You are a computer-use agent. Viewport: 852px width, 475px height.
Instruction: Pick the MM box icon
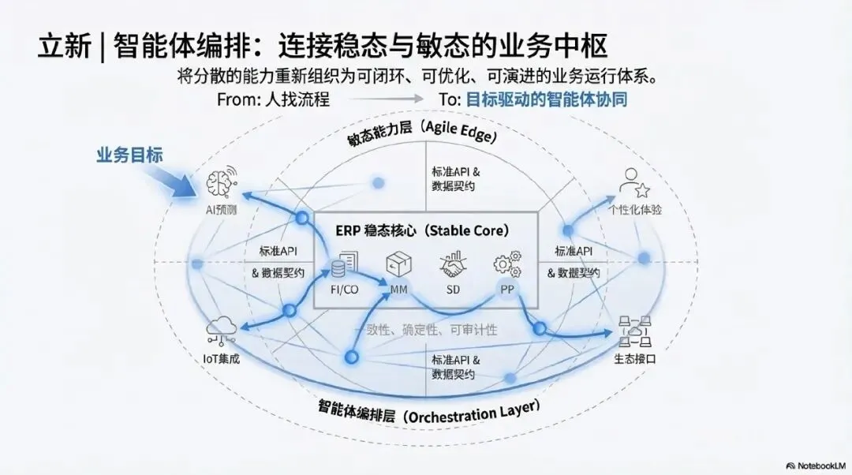(398, 264)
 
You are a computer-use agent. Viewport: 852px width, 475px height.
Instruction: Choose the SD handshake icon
(453, 265)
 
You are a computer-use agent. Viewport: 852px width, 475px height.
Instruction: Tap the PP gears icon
(507, 264)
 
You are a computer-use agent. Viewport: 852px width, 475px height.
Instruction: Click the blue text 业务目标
(129, 155)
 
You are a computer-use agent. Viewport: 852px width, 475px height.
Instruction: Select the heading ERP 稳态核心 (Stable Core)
(426, 231)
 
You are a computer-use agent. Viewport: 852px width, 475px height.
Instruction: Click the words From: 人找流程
(273, 100)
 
